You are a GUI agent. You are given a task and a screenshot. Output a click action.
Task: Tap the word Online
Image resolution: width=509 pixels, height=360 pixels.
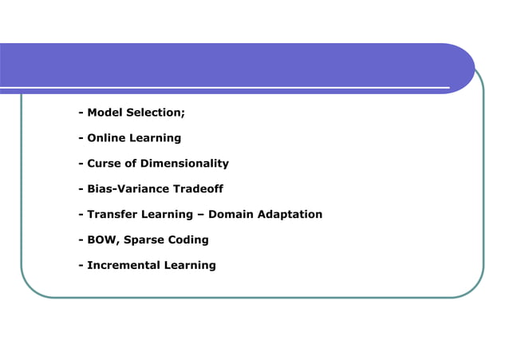point(105,138)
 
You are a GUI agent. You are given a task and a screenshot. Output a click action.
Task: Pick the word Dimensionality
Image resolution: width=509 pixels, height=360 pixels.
point(184,164)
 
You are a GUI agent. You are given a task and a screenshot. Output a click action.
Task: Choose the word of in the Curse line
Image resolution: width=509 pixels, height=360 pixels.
point(131,164)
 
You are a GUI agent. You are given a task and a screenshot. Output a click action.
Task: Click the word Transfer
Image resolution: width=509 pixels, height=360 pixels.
point(110,215)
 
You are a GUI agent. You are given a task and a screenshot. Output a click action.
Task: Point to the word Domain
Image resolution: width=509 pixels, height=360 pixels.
point(231,215)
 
